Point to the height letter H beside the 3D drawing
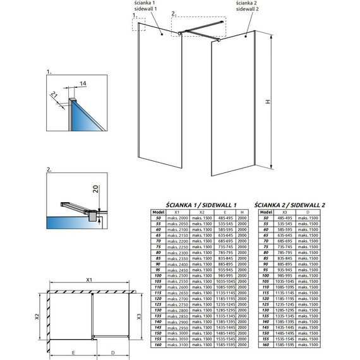(267, 101)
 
